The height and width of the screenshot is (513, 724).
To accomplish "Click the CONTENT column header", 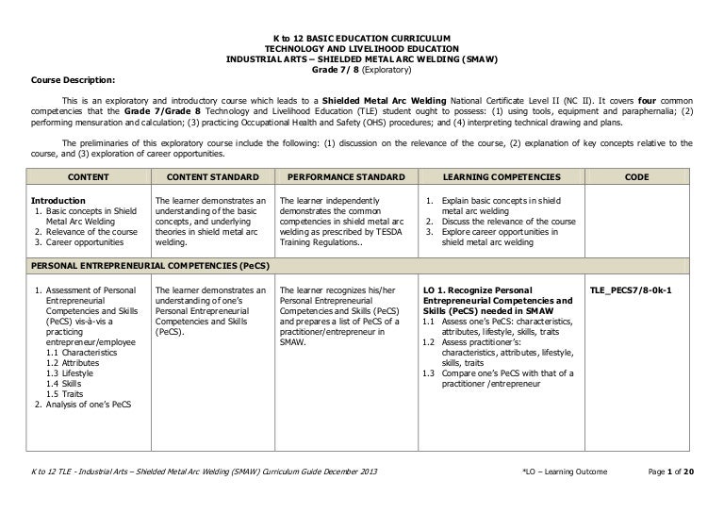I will tap(89, 176).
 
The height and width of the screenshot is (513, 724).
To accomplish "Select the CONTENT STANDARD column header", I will tap(210, 176).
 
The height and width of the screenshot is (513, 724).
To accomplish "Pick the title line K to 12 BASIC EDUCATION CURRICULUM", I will tap(362, 38).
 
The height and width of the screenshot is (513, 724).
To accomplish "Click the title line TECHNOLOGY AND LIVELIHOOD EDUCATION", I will tap(362, 48).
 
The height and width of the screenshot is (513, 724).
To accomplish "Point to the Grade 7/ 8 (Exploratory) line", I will tap(362, 69).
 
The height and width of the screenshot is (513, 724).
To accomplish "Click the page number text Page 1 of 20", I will tap(669, 496).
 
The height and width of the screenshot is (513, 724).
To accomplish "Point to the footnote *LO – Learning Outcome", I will tap(564, 496).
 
